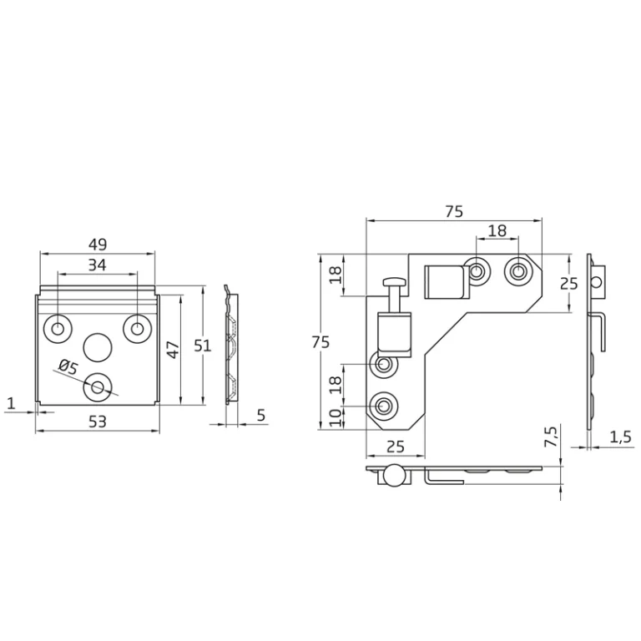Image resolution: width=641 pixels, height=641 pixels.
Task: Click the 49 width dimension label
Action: point(98,245)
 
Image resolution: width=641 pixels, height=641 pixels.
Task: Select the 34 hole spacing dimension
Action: point(98,265)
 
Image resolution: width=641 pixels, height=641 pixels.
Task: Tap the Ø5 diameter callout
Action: point(68,366)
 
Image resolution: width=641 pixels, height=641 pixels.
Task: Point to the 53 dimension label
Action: point(98,421)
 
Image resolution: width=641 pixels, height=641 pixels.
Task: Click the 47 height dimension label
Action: point(174,350)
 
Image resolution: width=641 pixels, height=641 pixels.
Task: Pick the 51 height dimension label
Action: point(202,346)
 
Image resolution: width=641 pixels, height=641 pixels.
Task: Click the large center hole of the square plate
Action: point(98,347)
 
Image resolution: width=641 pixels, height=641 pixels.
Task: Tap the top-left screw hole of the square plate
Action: point(58,328)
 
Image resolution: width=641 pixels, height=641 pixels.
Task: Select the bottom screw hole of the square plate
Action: point(98,386)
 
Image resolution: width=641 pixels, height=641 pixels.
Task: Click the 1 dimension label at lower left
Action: point(11,403)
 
